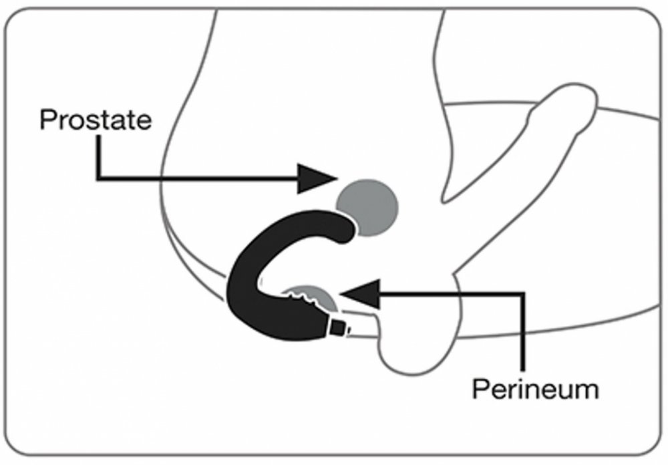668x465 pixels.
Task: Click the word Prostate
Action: (96, 120)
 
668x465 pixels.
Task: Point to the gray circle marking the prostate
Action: (367, 206)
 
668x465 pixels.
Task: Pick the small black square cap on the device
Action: (339, 328)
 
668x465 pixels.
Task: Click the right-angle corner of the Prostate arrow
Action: (98, 178)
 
